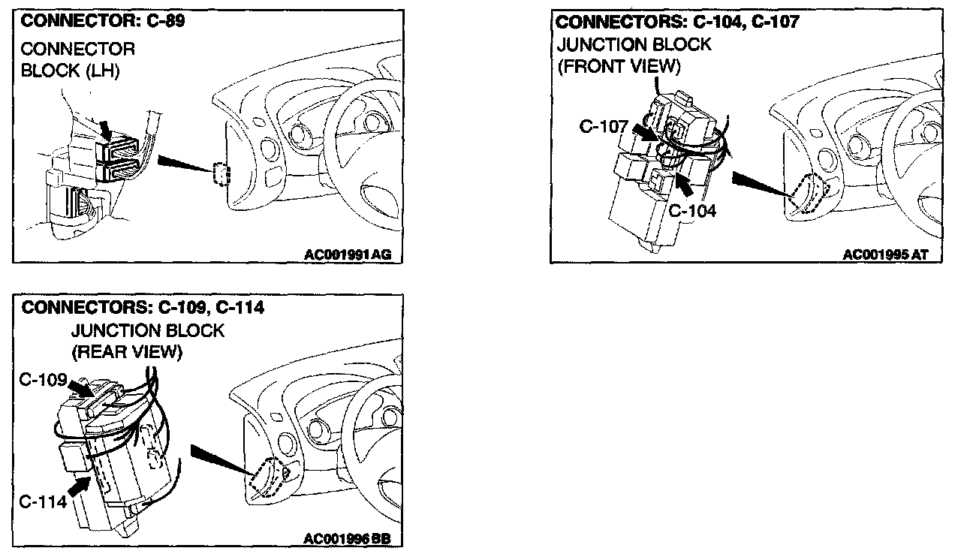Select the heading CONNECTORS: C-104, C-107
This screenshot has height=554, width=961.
pos(678,22)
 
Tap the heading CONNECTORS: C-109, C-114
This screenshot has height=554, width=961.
pos(143,308)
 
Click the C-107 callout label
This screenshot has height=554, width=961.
pos(603,127)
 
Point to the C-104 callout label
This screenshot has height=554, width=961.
pos(692,211)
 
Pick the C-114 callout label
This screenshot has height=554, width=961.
pos(44,502)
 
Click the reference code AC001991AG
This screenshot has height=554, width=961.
pos(348,255)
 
